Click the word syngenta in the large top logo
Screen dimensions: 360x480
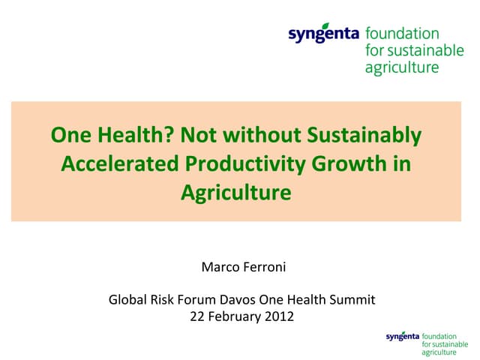point(325,34)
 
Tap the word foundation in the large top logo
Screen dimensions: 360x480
point(402,34)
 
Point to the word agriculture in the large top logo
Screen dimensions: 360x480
point(402,68)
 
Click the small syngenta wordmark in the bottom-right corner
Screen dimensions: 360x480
point(403,337)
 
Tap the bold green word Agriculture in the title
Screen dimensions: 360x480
point(235,192)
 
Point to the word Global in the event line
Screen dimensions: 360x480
point(127,301)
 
